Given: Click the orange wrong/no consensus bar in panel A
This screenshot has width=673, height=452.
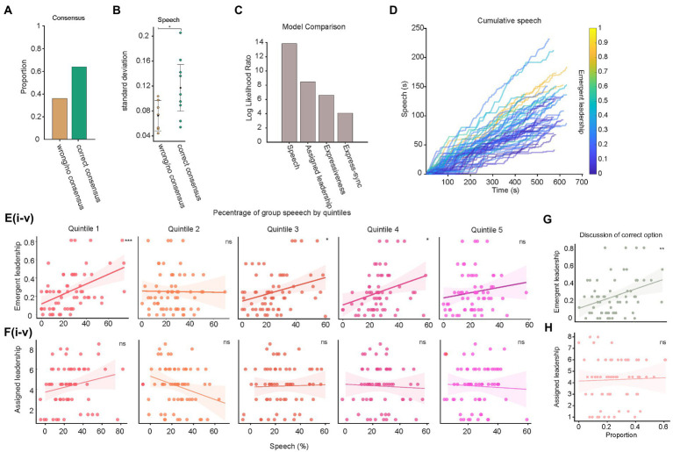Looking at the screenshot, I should (60, 118).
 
